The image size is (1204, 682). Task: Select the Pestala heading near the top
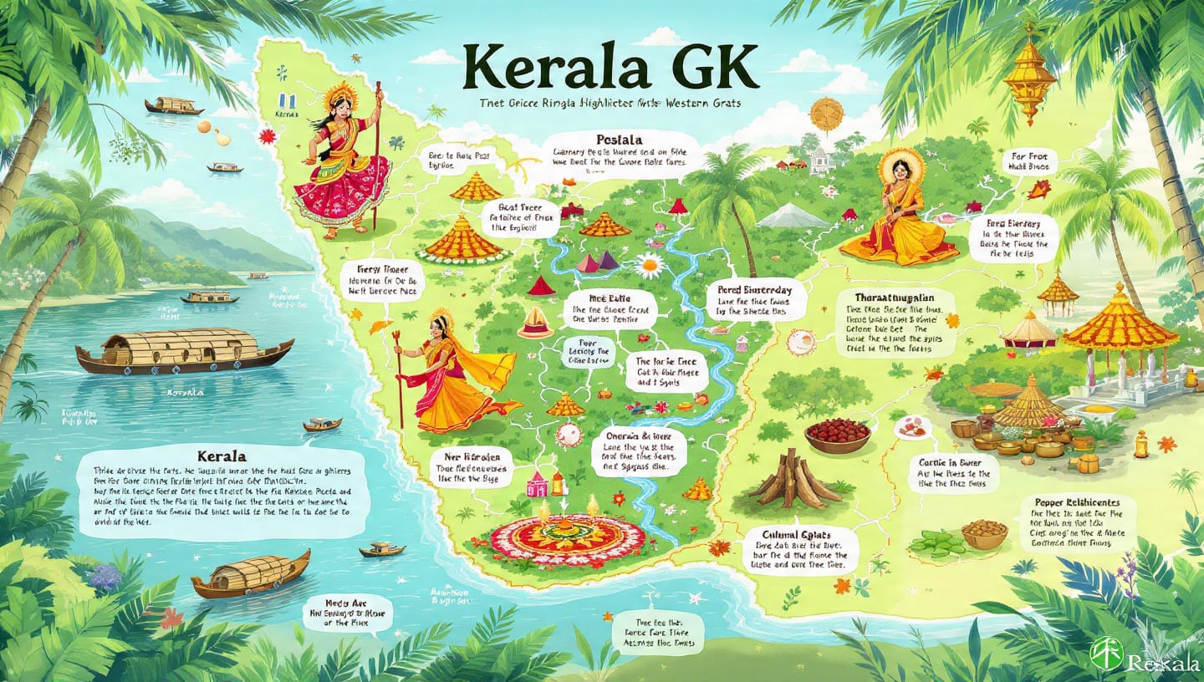pyautogui.click(x=620, y=139)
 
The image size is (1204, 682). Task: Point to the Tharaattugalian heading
pyautogui.click(x=894, y=298)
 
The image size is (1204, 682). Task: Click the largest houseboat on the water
pyautogui.click(x=184, y=351)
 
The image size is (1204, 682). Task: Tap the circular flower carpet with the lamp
pyautogui.click(x=566, y=538)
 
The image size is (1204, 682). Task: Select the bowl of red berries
pyautogui.click(x=838, y=435)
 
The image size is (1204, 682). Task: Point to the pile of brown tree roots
pyautogui.click(x=794, y=481)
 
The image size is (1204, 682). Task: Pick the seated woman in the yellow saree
pyautogui.click(x=900, y=213)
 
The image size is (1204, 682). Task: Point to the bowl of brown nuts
pyautogui.click(x=984, y=533)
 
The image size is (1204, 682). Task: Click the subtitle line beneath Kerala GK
pyautogui.click(x=610, y=104)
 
